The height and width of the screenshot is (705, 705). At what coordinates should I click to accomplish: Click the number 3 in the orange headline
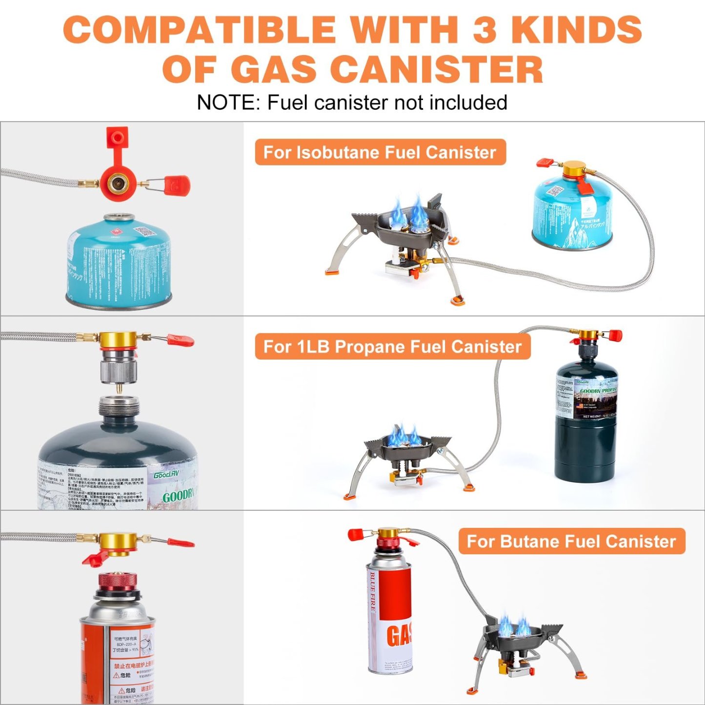484,29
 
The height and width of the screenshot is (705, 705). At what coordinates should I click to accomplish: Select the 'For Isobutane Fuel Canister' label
380,152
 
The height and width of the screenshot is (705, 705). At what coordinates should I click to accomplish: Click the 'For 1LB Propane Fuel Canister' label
392,346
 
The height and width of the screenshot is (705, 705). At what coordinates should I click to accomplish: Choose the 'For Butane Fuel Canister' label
571,541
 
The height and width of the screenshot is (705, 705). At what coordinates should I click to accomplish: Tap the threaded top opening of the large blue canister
119,218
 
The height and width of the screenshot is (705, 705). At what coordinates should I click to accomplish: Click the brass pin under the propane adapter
119,389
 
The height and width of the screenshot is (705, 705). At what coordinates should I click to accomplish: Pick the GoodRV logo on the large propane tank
167,475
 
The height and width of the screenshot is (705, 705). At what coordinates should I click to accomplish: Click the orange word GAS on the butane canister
399,635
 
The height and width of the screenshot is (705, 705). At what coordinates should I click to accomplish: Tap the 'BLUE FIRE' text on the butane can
373,591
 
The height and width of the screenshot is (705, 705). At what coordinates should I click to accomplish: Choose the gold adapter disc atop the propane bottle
588,335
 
